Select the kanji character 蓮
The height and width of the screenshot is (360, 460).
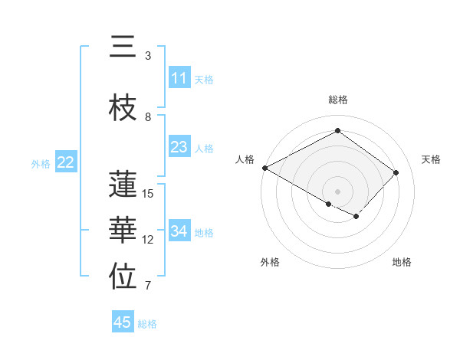tap(123, 185)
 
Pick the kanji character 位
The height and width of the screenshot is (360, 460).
tap(123, 278)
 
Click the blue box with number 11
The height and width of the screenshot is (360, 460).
tap(179, 78)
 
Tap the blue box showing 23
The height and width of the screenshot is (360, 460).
tap(179, 147)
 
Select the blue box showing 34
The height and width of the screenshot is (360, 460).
tap(179, 231)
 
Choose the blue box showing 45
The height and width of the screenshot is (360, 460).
tap(123, 322)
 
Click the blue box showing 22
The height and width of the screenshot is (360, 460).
tap(66, 162)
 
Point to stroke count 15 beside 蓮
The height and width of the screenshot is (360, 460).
tap(148, 194)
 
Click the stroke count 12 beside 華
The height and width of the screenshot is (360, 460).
tap(148, 240)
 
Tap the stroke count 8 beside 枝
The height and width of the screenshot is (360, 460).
tap(148, 117)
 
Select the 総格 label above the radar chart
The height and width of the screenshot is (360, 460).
tap(338, 100)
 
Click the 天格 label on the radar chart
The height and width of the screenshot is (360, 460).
tap(432, 159)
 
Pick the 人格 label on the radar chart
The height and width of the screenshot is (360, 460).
tap(245, 159)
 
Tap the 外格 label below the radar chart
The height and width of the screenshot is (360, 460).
tap(270, 262)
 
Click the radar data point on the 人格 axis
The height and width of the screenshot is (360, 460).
tap(264, 168)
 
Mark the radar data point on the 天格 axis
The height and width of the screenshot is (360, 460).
tap(396, 172)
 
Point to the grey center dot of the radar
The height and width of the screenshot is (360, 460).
tap(337, 191)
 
